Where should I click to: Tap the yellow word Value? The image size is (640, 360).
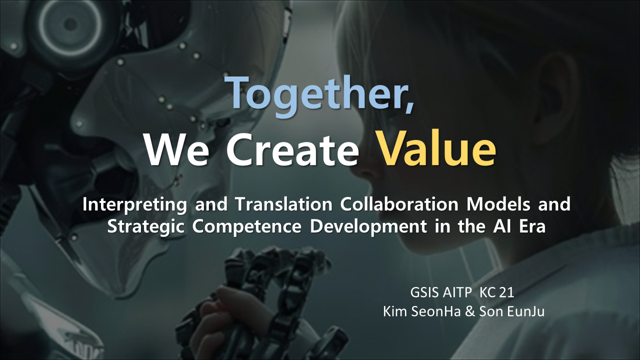pyautogui.click(x=436, y=148)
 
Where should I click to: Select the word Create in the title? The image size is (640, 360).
pyautogui.click(x=292, y=149)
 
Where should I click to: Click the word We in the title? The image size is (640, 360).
pyautogui.click(x=176, y=149)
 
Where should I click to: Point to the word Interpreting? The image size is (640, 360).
pyautogui.click(x=135, y=205)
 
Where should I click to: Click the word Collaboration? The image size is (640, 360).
pyautogui.click(x=399, y=204)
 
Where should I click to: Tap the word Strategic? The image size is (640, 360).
pyautogui.click(x=145, y=227)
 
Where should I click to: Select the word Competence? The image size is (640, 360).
pyautogui.click(x=247, y=227)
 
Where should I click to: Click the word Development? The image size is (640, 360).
pyautogui.click(x=368, y=227)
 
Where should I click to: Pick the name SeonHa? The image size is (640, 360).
pyautogui.click(x=436, y=311)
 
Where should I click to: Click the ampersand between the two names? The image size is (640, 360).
pyautogui.click(x=470, y=311)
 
